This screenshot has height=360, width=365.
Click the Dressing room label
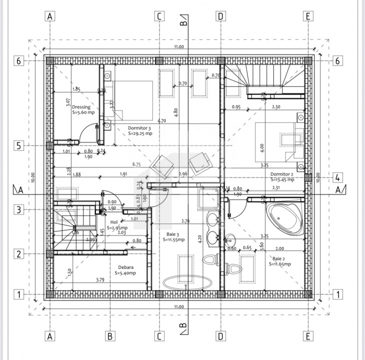[x=81, y=107]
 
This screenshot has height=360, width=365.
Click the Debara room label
[x=125, y=267]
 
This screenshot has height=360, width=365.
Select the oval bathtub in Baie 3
[x=186, y=282]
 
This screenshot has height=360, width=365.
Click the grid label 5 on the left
[x=18, y=146]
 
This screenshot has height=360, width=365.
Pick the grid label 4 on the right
[x=337, y=177]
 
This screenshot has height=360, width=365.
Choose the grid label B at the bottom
[x=109, y=336]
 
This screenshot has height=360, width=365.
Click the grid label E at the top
[x=308, y=16]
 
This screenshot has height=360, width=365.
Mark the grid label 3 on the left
[x=18, y=210]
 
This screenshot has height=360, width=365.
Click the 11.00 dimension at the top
[x=179, y=47]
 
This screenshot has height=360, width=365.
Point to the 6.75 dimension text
[x=136, y=163]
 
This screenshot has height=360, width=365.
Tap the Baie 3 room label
[x=173, y=233]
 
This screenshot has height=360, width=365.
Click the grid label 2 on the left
[x=18, y=254]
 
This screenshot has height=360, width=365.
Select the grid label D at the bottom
[x=220, y=336]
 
